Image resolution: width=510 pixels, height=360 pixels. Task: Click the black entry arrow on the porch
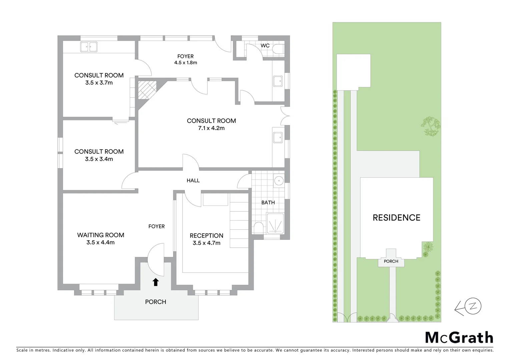[155, 282]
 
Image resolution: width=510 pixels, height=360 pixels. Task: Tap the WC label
[265, 45]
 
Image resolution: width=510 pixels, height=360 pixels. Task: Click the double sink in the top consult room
[89, 47]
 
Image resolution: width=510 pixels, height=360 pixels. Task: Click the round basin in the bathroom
[279, 181]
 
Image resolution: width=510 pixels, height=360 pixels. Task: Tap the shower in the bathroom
[275, 223]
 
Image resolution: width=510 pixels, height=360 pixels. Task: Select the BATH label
[268, 202]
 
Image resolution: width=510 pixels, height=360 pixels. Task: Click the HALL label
[193, 180]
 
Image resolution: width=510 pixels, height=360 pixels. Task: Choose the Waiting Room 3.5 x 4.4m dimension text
[100, 243]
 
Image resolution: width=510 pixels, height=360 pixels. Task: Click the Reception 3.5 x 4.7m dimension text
[206, 243]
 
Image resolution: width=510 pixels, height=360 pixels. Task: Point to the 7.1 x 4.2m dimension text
[211, 128]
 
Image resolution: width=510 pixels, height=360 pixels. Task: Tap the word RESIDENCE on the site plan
[396, 218]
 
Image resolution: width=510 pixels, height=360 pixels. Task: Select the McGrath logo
[459, 337]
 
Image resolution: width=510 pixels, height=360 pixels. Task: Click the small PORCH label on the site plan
[391, 261]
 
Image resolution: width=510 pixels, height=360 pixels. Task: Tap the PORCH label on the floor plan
[155, 302]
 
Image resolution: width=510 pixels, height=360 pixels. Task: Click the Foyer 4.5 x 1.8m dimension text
[185, 62]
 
